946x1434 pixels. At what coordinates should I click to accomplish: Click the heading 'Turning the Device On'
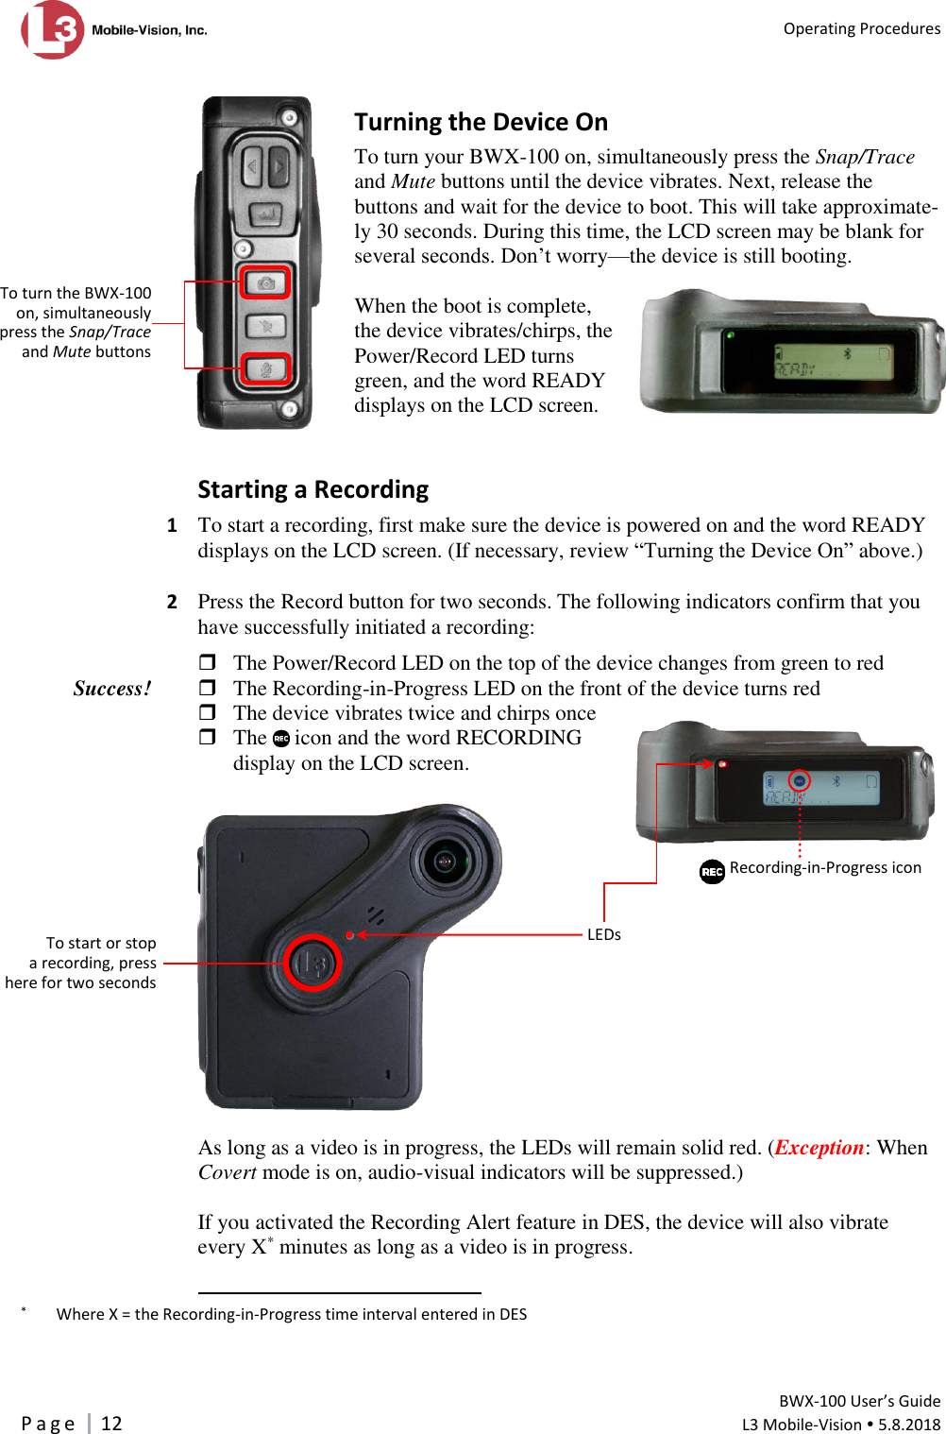click(481, 122)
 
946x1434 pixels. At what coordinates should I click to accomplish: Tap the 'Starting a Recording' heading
click(313, 489)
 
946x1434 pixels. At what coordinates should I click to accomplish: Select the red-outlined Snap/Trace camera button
click(265, 282)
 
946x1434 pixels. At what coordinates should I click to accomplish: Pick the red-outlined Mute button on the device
click(265, 368)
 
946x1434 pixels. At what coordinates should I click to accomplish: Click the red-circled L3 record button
click(313, 963)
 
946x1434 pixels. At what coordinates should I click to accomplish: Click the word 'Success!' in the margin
click(111, 689)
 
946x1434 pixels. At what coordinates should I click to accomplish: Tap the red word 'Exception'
click(819, 1148)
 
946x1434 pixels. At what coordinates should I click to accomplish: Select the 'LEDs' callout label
click(604, 934)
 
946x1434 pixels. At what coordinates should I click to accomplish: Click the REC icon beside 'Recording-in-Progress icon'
click(712, 871)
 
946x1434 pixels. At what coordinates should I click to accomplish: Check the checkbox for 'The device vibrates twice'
click(208, 712)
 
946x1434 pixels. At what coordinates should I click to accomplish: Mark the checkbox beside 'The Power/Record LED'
click(208, 662)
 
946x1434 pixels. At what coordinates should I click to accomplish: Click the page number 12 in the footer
click(111, 1423)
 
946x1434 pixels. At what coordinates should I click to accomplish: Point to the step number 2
click(172, 602)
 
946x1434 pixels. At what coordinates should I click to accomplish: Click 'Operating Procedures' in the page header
click(861, 28)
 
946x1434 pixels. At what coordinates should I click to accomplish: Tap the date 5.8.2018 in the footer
click(909, 1425)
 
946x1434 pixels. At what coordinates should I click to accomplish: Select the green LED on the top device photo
click(729, 334)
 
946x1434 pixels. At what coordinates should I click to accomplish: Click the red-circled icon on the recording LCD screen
click(800, 780)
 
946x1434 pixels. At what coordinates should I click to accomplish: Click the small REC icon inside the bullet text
click(280, 739)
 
